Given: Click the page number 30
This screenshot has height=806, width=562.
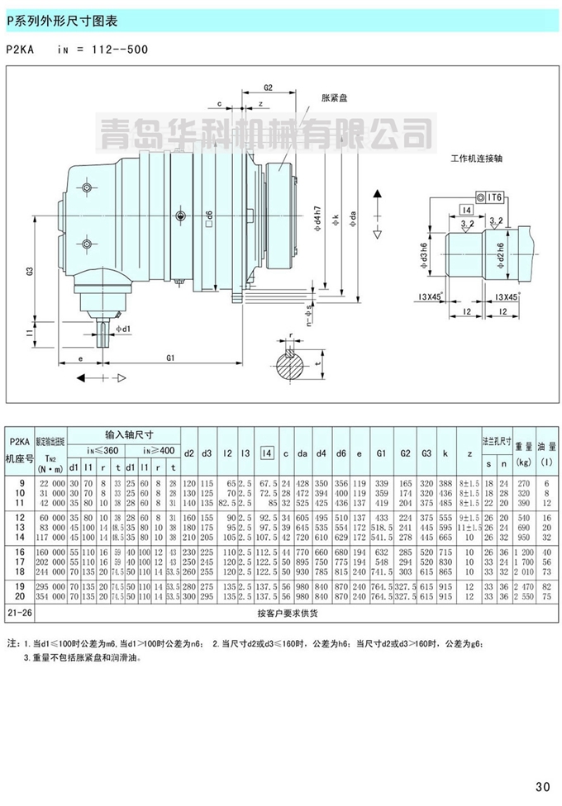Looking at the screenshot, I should (544, 785).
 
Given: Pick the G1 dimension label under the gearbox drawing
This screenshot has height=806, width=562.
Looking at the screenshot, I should (170, 357).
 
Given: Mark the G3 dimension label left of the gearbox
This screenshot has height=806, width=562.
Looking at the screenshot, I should (29, 271).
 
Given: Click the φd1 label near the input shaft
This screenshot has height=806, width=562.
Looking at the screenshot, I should (121, 330).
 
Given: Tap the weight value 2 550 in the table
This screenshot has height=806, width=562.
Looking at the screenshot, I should (522, 596).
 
